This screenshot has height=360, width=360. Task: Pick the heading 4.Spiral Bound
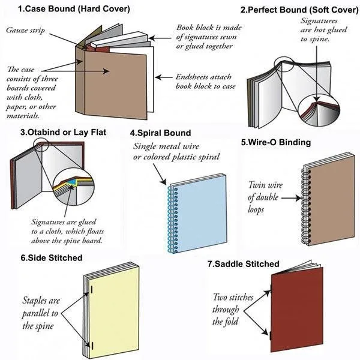coord(160,133)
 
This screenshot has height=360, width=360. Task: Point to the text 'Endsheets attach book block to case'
coord(202,82)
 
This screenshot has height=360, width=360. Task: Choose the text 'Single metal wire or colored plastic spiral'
coord(176,152)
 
